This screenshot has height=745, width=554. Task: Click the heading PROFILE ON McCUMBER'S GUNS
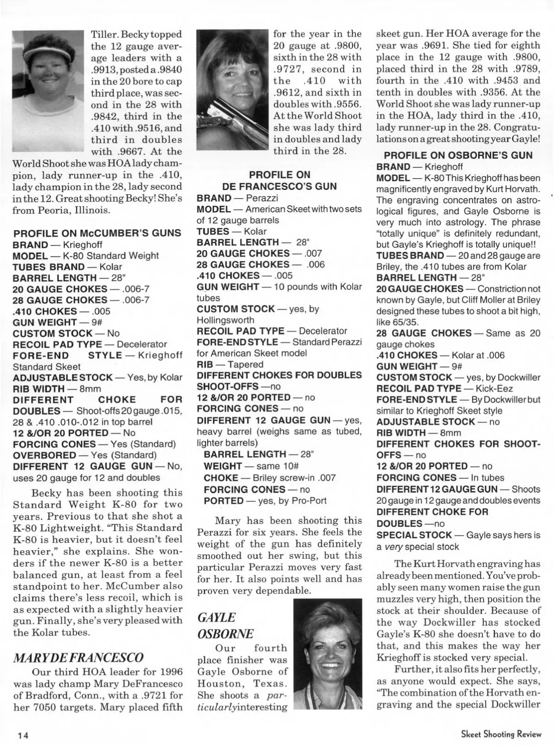pos(97,233)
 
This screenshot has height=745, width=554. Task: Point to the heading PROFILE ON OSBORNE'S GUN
pos(458,155)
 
